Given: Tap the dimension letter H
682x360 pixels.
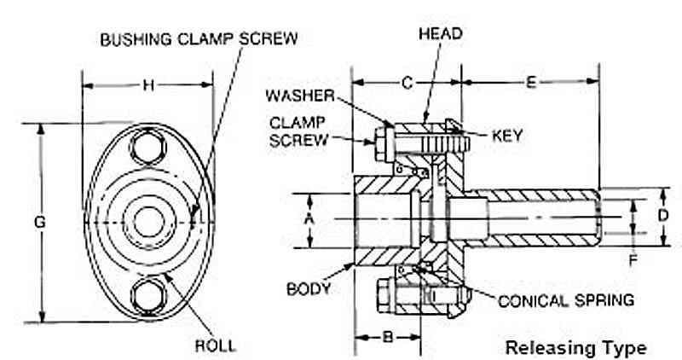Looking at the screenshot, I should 147,84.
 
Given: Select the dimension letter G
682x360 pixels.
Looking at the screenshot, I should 39,222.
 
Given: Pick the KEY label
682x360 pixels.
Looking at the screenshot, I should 506,135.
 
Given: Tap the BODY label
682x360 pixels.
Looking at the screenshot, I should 309,288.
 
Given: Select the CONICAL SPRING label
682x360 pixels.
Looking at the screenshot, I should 566,299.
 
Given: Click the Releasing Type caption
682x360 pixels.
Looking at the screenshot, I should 575,348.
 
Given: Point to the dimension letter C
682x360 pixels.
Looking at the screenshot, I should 407,83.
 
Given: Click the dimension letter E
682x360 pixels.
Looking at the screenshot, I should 530,83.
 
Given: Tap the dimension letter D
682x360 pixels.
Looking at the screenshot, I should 663,216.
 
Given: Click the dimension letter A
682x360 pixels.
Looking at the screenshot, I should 309,219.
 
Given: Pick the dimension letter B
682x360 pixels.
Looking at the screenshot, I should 386,337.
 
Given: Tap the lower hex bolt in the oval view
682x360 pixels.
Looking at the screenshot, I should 147,295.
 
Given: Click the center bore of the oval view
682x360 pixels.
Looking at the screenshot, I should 147,221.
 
